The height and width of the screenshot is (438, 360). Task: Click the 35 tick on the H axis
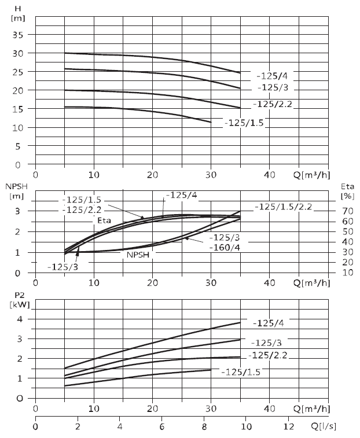pyautogui.click(x=17, y=35)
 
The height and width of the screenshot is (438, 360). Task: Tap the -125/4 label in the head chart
pyautogui.click(x=272, y=76)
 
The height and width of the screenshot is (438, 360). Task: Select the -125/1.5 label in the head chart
pyautogui.click(x=244, y=123)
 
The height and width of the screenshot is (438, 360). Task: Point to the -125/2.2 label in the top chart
pyautogui.click(x=272, y=104)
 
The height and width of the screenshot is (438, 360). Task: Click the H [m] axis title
pyautogui.click(x=18, y=14)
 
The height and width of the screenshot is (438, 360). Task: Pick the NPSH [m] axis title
pyautogui.click(x=16, y=191)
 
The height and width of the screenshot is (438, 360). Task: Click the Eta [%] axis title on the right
pyautogui.click(x=347, y=191)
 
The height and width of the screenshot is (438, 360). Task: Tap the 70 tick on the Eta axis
pyautogui.click(x=347, y=211)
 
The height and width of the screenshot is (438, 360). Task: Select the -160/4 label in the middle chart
pyautogui.click(x=225, y=248)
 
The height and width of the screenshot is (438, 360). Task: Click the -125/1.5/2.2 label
pyautogui.click(x=283, y=207)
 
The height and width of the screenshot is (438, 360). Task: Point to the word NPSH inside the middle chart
pyautogui.click(x=138, y=255)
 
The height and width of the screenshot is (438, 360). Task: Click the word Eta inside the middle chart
pyautogui.click(x=104, y=220)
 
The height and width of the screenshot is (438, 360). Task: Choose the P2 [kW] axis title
pyautogui.click(x=20, y=300)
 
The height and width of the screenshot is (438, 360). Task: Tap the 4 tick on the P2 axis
pyautogui.click(x=20, y=319)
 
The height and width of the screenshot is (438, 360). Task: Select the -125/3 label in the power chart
pyautogui.click(x=266, y=343)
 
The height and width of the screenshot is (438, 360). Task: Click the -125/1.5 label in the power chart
pyautogui.click(x=241, y=372)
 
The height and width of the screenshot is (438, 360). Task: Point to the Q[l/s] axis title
pyautogui.click(x=324, y=426)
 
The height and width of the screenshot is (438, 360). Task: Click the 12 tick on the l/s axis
pyautogui.click(x=288, y=426)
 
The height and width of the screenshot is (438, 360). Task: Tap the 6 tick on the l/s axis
pyautogui.click(x=162, y=426)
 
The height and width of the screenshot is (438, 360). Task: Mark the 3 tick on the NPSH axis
pyautogui.click(x=17, y=211)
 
